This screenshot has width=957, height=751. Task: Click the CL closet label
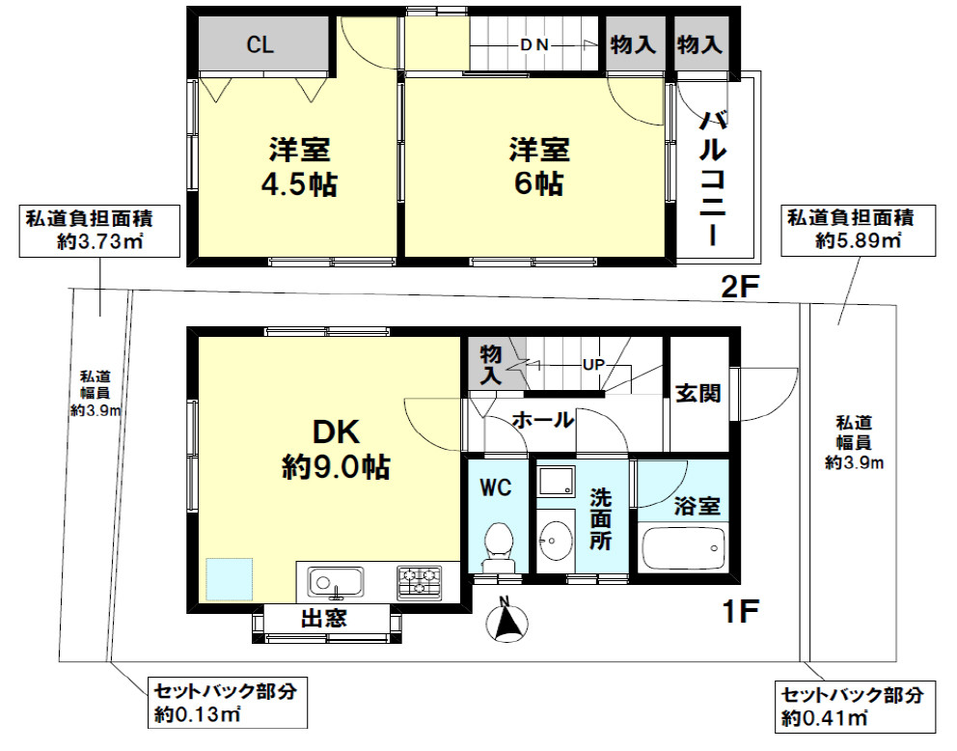pos(260,44)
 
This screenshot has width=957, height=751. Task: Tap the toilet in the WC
pos(499,545)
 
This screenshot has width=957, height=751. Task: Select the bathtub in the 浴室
pos(683,547)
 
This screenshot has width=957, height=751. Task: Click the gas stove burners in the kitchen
pos(420,582)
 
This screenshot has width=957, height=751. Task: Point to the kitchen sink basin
pos(336,582)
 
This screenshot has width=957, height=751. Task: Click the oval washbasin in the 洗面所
pos(556,540)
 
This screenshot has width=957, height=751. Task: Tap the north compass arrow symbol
pos(507,622)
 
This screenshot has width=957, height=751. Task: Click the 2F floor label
pos(739,287)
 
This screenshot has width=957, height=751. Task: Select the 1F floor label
pos(740,611)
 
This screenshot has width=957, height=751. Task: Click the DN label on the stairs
pos(534,44)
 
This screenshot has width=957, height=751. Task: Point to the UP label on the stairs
pos(593,365)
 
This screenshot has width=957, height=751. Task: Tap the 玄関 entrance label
pos(698,393)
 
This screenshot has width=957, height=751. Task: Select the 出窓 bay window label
pos(324,619)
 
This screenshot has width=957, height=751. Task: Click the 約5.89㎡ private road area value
pos(859,240)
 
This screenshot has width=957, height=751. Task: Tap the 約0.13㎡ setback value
pos(198,714)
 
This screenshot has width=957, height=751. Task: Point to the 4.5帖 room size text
pos(299,183)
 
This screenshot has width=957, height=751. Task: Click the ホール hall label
pos(542,420)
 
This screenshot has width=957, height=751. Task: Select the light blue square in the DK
pos(229,579)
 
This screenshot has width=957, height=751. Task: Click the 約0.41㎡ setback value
pos(825,718)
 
